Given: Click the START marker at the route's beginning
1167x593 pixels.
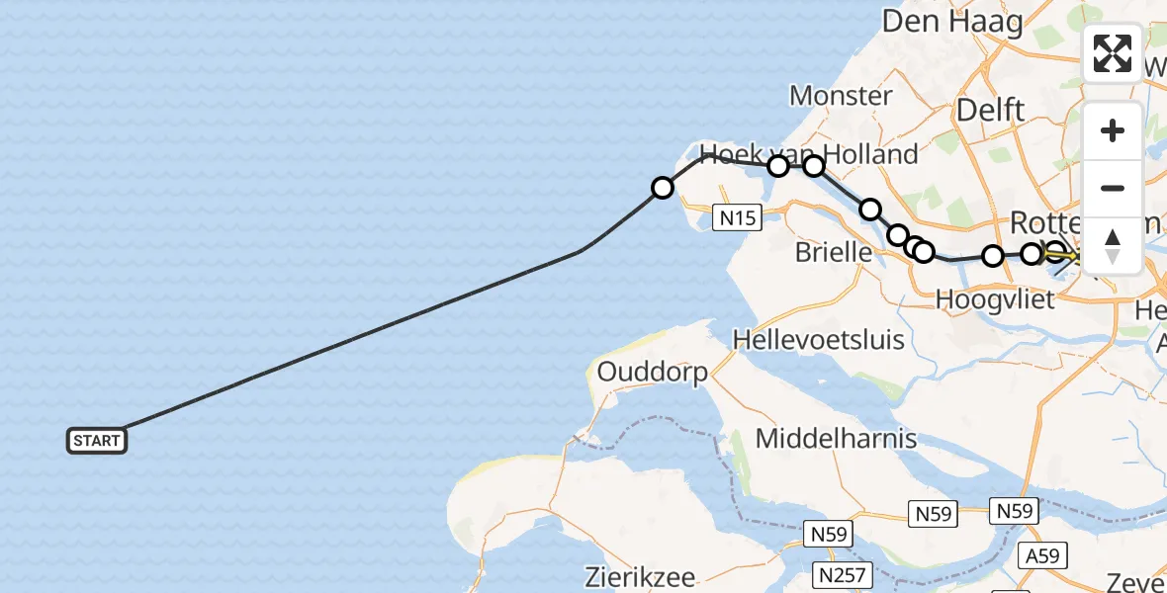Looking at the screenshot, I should (x=97, y=441).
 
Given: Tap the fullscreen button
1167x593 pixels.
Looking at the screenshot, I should (x=1113, y=53).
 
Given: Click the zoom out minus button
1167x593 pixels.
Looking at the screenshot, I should (x=1113, y=188).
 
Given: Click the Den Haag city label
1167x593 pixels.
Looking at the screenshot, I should (x=951, y=21).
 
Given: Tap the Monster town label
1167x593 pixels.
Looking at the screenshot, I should (x=841, y=96).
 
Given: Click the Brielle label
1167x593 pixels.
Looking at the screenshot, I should (x=834, y=253).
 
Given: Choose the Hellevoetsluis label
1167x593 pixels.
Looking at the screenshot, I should (x=818, y=340).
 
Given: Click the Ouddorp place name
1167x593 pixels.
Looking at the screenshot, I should (x=652, y=373).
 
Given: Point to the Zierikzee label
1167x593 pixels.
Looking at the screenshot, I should (x=638, y=577).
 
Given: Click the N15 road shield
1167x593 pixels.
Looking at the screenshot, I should (x=738, y=217).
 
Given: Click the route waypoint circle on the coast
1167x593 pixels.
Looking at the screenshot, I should (x=662, y=188).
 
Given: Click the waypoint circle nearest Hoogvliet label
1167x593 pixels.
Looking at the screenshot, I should (x=993, y=256).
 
